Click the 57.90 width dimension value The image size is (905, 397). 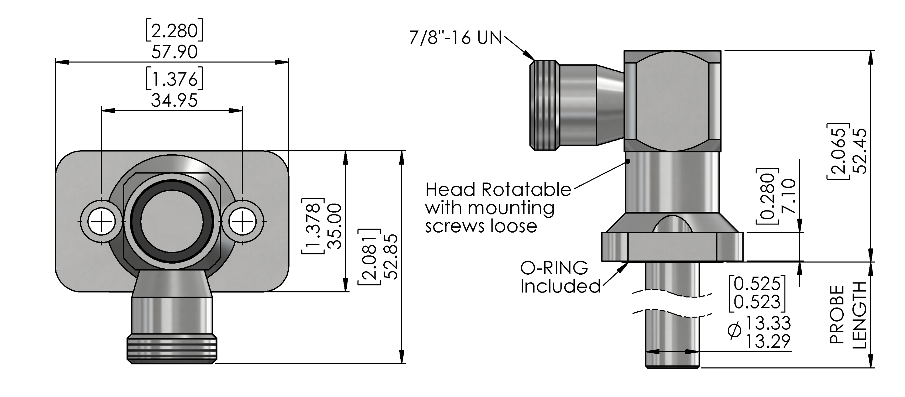click(x=175, y=52)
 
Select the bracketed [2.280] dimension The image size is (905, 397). click(x=175, y=31)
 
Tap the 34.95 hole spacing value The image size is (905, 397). click(x=175, y=100)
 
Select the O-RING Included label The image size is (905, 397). click(x=560, y=277)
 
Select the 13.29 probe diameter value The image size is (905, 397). click(x=768, y=341)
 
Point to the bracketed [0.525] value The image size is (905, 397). click(x=757, y=284)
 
